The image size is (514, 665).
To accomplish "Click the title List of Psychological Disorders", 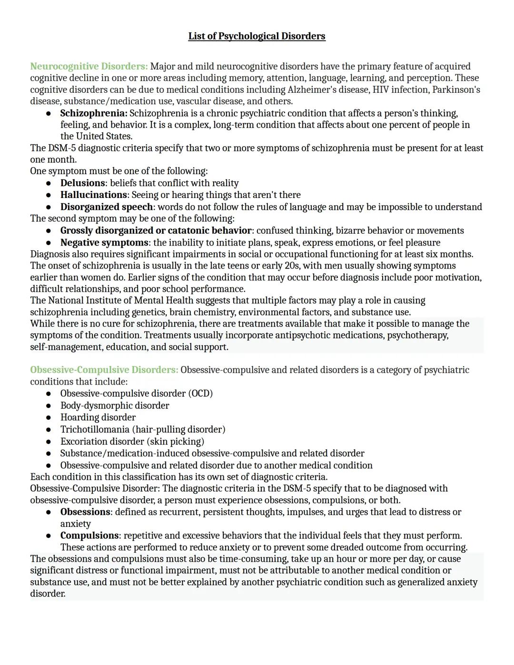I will point(257,36).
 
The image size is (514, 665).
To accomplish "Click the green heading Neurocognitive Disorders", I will point(89,66).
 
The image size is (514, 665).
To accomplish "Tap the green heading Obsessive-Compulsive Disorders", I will point(104,370).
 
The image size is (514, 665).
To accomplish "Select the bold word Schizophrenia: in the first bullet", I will point(93,113).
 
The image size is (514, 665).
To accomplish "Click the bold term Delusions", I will point(82,183).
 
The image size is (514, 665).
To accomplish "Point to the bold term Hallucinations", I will point(93,195).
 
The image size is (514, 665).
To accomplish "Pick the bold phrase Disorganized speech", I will point(106,207).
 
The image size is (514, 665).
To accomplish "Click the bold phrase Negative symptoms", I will point(104,242).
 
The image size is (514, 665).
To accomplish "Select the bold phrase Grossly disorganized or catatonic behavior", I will point(156,230).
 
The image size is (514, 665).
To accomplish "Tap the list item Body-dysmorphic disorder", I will point(114,406).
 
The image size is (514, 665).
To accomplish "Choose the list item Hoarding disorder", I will point(98,417).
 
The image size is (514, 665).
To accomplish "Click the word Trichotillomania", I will point(94,429).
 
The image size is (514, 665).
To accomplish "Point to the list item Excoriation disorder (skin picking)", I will point(132,441).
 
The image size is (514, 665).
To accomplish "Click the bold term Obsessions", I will point(85,512).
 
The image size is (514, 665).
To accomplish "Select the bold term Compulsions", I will point(89,536).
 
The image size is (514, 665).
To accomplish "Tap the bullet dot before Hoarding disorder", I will point(49,417).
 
